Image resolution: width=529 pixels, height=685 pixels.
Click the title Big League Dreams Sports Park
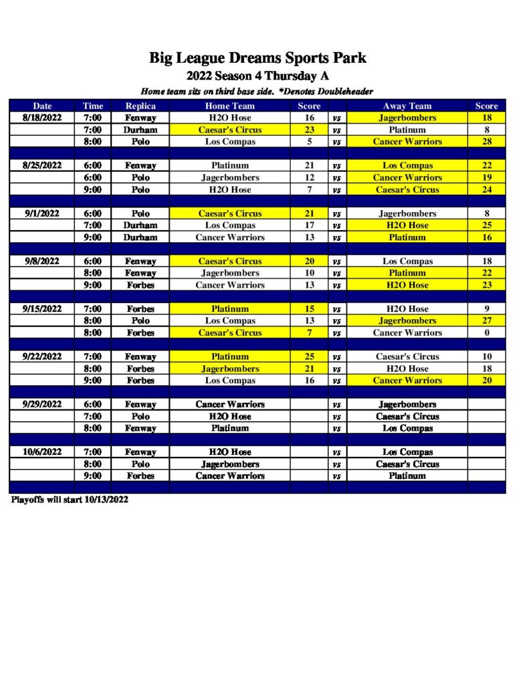pyautogui.click(x=257, y=58)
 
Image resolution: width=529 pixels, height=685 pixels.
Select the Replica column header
pyautogui.click(x=140, y=106)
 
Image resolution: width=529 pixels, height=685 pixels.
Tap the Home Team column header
pyautogui.click(x=229, y=106)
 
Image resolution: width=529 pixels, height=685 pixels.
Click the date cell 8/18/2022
pyautogui.click(x=41, y=118)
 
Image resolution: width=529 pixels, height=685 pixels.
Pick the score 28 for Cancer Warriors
pyautogui.click(x=486, y=142)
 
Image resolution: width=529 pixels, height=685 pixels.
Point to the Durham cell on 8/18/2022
pyautogui.click(x=140, y=130)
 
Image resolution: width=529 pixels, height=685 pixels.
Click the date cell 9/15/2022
pyautogui.click(x=41, y=309)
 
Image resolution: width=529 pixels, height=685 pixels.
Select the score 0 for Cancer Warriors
pyautogui.click(x=486, y=332)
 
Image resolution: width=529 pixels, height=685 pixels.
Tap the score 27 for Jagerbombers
pyautogui.click(x=486, y=321)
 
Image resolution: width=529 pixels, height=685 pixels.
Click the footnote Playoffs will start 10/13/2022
pyautogui.click(x=69, y=500)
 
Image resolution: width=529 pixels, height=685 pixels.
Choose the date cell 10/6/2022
pyautogui.click(x=41, y=452)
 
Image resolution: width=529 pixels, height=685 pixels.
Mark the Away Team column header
pyautogui.click(x=407, y=106)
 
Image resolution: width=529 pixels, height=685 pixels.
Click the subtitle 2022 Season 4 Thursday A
pyautogui.click(x=257, y=76)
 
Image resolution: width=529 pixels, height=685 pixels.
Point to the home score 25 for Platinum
pyautogui.click(x=309, y=357)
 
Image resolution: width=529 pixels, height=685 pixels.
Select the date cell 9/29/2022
pyautogui.click(x=41, y=405)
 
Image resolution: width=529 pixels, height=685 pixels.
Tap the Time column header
pyautogui.click(x=93, y=106)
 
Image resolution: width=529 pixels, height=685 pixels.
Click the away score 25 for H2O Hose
pyautogui.click(x=486, y=225)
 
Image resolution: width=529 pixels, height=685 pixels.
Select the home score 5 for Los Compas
pyautogui.click(x=309, y=142)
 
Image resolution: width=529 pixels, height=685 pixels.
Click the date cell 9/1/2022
pyautogui.click(x=41, y=213)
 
